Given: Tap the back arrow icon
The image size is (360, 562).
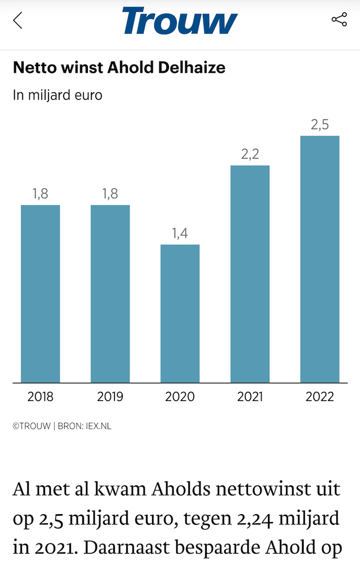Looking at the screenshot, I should pyautogui.click(x=18, y=21).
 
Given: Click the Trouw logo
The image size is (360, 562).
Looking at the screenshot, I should pyautogui.click(x=180, y=21).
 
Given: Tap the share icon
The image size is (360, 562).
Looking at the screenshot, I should pyautogui.click(x=339, y=20).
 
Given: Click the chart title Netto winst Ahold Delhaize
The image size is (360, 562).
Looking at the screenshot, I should pyautogui.click(x=119, y=68).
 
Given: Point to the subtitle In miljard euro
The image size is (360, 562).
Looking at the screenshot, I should pyautogui.click(x=57, y=95).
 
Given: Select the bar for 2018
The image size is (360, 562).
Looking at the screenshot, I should pyautogui.click(x=41, y=293).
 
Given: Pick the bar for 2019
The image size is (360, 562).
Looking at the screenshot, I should pyautogui.click(x=110, y=293).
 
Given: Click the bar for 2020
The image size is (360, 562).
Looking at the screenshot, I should pyautogui.click(x=180, y=313).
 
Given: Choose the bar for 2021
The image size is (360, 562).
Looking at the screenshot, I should pyautogui.click(x=250, y=274).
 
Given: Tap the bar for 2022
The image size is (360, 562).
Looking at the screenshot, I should pyautogui.click(x=319, y=259).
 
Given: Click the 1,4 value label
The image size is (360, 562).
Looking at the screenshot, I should pyautogui.click(x=180, y=234).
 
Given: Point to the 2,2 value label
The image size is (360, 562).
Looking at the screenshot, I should pyautogui.click(x=250, y=154).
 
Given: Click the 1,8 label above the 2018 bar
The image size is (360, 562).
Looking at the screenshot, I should pyautogui.click(x=41, y=194).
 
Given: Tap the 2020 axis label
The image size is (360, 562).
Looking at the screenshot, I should pyautogui.click(x=180, y=397).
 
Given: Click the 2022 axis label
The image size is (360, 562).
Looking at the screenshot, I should pyautogui.click(x=319, y=397).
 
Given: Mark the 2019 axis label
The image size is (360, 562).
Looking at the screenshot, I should pyautogui.click(x=110, y=397).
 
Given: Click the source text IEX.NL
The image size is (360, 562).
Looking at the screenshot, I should pyautogui.click(x=99, y=426).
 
